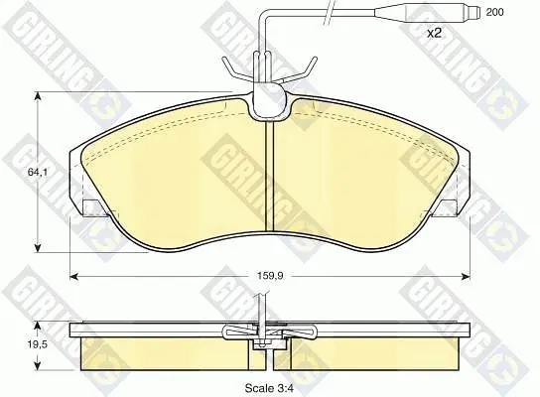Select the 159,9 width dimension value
[x=270, y=276]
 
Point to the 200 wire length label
[x=494, y=12]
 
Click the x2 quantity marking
[x=434, y=34]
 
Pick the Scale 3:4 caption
[x=269, y=388]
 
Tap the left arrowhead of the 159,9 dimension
[x=74, y=276]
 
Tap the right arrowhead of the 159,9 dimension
[x=466, y=276]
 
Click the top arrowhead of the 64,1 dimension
[x=38, y=96]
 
